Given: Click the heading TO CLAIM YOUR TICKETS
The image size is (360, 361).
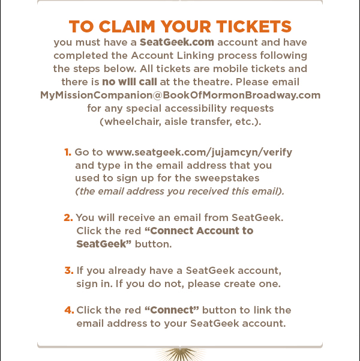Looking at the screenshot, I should [180, 27].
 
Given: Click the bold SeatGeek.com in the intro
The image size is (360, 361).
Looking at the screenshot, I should [177, 43].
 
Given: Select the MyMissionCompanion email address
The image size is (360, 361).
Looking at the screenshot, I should [180, 96].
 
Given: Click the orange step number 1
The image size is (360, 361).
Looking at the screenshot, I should [68, 152].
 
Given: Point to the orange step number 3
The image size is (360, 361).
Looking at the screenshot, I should [68, 270].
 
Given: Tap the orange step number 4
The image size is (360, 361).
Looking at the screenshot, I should [69, 310].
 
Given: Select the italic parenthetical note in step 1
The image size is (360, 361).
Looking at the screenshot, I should [179, 192].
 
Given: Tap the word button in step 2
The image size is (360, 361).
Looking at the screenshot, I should [153, 244].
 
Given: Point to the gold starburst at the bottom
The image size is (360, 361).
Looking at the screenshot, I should [180, 354].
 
